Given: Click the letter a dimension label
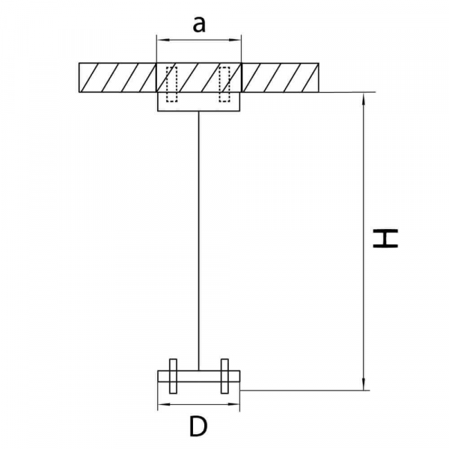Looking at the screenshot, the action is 199,24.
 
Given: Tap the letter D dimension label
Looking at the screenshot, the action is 198,427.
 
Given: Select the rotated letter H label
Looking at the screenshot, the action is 385,238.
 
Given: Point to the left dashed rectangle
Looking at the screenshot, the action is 172,84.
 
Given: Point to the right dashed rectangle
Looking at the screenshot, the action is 224,84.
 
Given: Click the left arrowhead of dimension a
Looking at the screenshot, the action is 161,40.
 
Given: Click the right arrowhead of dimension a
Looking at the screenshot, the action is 236,40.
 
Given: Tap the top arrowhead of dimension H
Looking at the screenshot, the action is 364,98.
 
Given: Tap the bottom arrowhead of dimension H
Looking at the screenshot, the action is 364,385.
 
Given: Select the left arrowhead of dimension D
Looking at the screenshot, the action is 162,405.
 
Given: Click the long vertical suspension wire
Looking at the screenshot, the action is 199,240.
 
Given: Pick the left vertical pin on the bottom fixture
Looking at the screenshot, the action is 173,376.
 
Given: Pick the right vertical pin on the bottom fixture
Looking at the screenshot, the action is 224,376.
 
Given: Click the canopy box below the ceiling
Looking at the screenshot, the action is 199,102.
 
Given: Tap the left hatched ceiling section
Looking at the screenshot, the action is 117,78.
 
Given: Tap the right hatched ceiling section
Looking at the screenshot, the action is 281,78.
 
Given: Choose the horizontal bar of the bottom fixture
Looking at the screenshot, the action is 199,376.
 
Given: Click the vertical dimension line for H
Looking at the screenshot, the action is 364,242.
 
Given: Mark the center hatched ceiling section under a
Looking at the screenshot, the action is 199,78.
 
